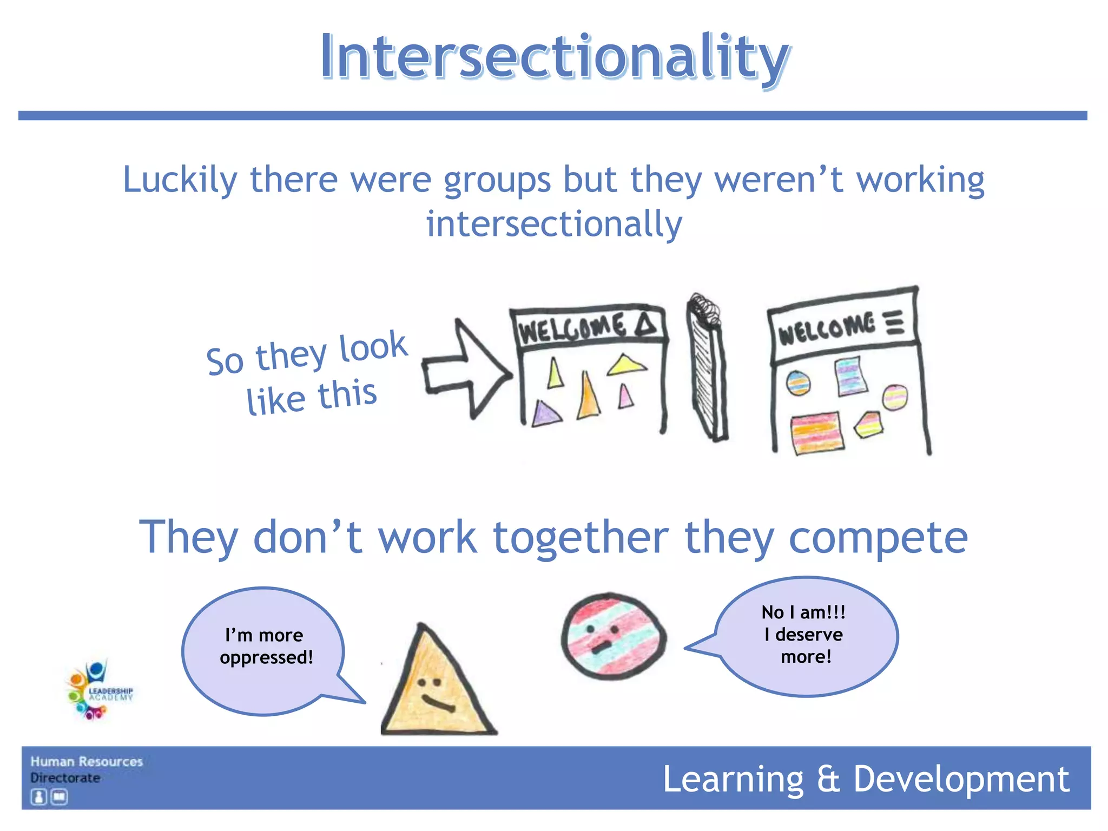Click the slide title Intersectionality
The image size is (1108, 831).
point(554,57)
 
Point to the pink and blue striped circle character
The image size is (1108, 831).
point(613,636)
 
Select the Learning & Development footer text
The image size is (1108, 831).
point(866,779)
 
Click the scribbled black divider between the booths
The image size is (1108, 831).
point(706,368)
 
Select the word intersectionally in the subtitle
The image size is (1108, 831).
point(554,224)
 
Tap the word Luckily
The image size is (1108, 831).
point(180,180)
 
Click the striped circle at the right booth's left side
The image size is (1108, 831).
point(798,383)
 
